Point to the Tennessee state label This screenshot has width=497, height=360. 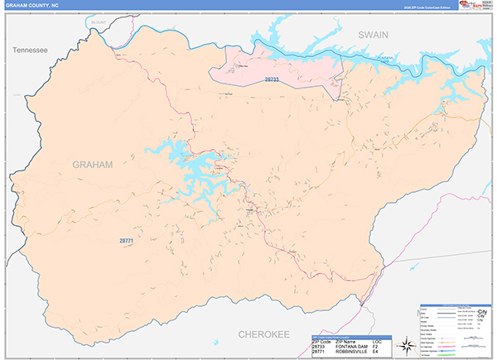pyautogui.click(x=31, y=50)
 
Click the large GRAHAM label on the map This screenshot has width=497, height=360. pyautogui.click(x=93, y=165)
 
